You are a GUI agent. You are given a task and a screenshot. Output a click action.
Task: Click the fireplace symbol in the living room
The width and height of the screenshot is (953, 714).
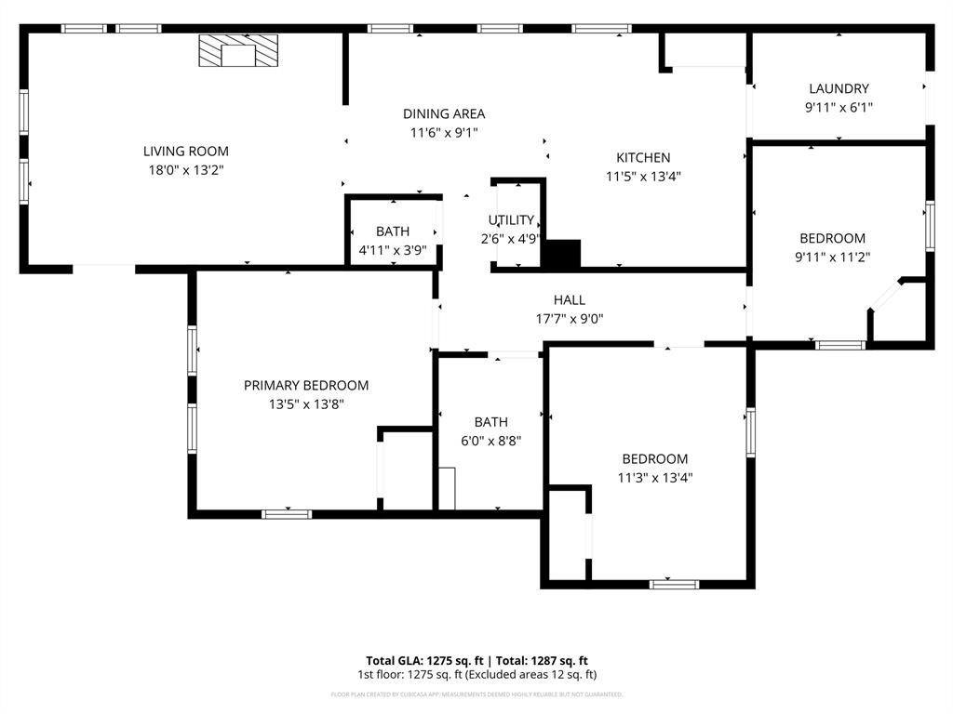tap(238, 51)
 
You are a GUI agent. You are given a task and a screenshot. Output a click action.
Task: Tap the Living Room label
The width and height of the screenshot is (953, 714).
tap(185, 152)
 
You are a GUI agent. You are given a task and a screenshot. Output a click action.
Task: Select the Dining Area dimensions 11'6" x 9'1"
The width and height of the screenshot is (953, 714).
tap(444, 133)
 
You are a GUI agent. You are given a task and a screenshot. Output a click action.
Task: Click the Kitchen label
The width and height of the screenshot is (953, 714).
tap(643, 158)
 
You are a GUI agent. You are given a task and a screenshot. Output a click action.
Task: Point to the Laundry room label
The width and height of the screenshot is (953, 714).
tap(839, 89)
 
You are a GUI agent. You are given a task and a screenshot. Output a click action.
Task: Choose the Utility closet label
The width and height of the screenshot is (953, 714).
tap(511, 220)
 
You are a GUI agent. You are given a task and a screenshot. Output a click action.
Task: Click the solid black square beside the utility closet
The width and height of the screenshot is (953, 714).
tap(562, 254)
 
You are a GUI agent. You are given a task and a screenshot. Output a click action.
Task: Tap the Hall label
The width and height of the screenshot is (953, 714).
tap(569, 300)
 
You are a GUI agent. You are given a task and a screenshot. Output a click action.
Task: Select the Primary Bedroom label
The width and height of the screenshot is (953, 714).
tap(305, 386)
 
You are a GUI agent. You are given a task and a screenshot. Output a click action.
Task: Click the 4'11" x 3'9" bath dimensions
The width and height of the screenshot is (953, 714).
tap(392, 250)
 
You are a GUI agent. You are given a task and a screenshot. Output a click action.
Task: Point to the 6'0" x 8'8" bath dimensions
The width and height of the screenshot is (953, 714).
tap(490, 441)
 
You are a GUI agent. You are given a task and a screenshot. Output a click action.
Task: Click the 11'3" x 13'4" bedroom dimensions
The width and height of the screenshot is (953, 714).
tap(655, 478)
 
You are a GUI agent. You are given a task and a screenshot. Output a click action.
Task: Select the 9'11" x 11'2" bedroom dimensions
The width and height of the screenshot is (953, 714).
tap(832, 258)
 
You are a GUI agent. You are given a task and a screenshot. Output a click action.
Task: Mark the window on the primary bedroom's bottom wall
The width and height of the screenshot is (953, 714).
tap(287, 513)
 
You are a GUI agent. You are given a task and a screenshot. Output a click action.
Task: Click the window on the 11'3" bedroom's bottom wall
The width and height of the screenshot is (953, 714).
tap(673, 584)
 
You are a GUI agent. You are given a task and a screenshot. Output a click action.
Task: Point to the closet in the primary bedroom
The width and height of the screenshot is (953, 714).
tap(407, 469)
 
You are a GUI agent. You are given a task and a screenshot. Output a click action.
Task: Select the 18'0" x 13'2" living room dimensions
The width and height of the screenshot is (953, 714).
tap(185, 170)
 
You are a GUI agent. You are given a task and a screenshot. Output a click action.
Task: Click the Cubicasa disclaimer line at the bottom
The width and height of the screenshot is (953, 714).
tap(476, 694)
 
